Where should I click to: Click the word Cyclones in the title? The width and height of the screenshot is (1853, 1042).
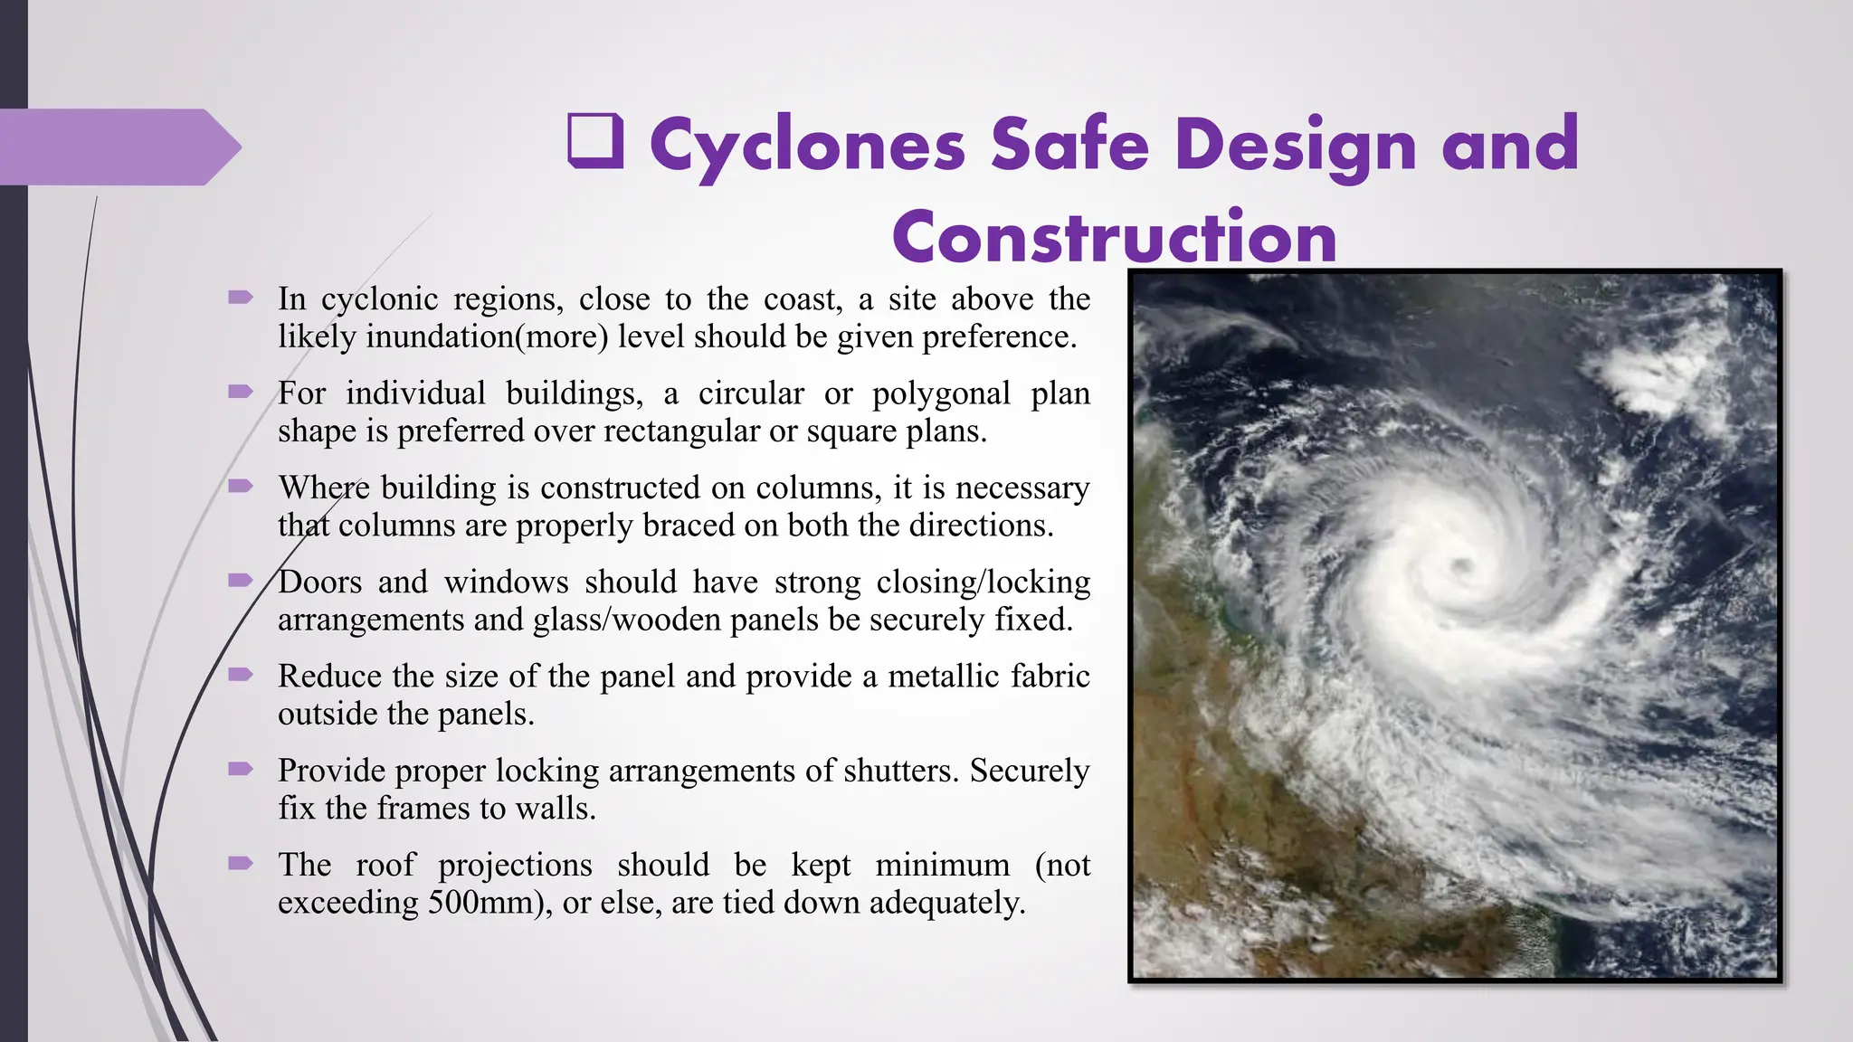tap(807, 145)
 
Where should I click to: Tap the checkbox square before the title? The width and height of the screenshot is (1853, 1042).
tap(595, 141)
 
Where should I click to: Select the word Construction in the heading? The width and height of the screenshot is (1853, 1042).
tap(1114, 237)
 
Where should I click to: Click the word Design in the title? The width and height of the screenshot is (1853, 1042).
tap(1296, 145)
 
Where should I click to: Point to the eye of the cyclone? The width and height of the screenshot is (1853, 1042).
tap(1461, 567)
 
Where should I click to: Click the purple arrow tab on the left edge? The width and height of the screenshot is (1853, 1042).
tap(118, 147)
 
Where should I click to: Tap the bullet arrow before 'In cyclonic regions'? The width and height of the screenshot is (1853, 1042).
tap(241, 297)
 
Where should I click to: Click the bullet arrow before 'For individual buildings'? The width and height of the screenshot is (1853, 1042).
tap(241, 391)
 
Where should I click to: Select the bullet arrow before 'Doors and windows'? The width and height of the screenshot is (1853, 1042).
tap(241, 580)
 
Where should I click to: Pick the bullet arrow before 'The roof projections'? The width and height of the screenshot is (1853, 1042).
tap(241, 863)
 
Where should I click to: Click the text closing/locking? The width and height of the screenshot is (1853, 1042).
tap(984, 582)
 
